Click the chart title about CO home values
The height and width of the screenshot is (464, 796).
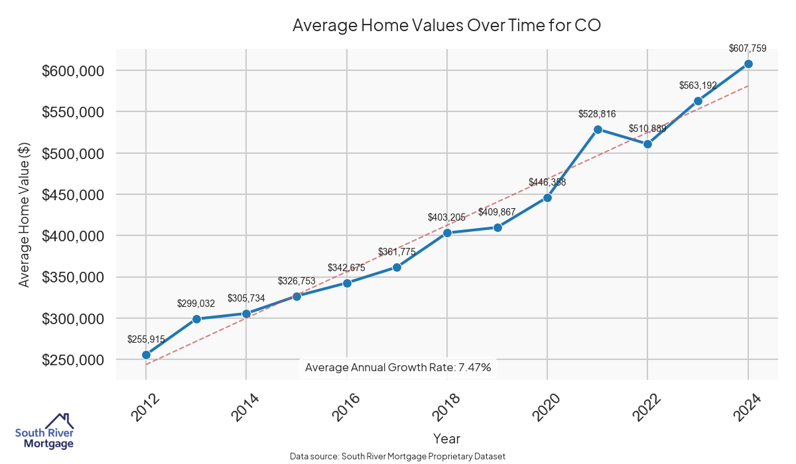[x=446, y=26]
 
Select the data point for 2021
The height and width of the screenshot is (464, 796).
[x=598, y=129]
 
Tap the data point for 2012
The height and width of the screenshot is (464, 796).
[x=146, y=355]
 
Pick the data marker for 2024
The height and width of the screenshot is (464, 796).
[x=748, y=64]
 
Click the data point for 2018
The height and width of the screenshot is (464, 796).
[x=447, y=233]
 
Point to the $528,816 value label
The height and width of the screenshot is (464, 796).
[x=598, y=114]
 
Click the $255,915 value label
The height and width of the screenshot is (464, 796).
[x=146, y=339]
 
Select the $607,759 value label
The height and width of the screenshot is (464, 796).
[x=748, y=48]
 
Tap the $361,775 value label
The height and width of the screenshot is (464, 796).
[x=397, y=252]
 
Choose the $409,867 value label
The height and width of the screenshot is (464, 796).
[x=497, y=212]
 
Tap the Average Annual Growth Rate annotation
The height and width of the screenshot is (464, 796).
[x=398, y=367]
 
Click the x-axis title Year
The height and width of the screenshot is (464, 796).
[x=446, y=439]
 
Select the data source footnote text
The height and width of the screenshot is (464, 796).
[x=398, y=456]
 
